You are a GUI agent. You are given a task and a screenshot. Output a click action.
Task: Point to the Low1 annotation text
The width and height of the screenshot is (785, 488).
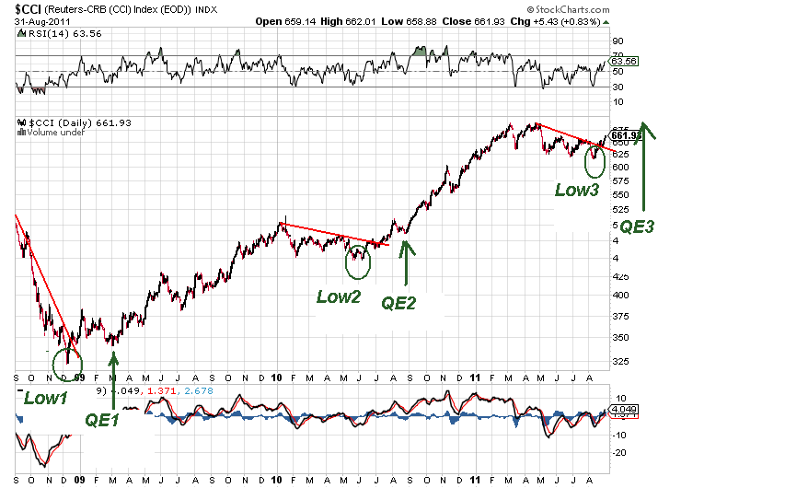[43, 398]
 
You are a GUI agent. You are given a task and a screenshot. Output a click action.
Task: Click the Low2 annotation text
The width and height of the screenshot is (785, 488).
[338, 296]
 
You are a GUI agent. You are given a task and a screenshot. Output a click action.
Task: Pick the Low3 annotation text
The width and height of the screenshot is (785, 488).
[576, 190]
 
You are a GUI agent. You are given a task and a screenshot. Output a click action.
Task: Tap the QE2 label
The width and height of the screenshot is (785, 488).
[398, 302]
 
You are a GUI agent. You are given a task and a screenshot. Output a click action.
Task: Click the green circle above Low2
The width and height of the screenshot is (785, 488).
[358, 261]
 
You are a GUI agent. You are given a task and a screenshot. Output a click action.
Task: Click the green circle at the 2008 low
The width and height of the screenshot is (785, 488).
[66, 362]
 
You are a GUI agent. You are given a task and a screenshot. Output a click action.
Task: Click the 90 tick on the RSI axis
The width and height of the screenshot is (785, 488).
[618, 41]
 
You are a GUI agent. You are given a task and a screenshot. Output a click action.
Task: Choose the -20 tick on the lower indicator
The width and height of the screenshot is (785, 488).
[620, 452]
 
